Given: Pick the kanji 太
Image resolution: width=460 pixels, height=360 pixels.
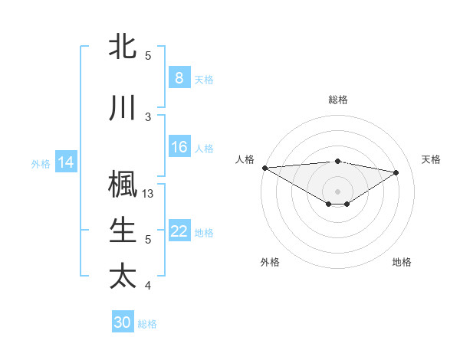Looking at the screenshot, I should (x=123, y=275).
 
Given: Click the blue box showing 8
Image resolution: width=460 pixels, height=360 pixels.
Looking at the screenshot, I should (x=179, y=78).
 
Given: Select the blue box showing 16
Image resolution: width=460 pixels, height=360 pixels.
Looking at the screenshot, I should (x=179, y=148).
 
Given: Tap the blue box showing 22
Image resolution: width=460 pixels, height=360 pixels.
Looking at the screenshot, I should (x=179, y=232).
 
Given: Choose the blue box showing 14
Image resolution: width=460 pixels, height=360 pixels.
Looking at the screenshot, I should (x=66, y=162).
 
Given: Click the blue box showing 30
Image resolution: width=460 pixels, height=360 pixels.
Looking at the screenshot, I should (x=123, y=322).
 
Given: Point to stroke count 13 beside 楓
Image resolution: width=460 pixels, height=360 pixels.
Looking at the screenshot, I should (x=149, y=194).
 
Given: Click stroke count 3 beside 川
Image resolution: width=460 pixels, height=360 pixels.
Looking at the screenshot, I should (x=148, y=116).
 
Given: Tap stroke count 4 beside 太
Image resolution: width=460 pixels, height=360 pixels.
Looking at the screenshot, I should (x=148, y=286).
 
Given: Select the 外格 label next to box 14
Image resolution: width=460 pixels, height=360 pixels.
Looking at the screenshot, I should (x=41, y=163).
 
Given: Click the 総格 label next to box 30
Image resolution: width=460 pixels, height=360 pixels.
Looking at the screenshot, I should (x=147, y=324).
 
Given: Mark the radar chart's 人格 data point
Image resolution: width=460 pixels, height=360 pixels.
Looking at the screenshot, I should (x=264, y=168).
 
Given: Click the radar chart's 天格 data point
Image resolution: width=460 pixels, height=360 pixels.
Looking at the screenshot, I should (x=396, y=172).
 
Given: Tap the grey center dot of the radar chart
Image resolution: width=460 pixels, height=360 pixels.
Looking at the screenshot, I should (x=337, y=190).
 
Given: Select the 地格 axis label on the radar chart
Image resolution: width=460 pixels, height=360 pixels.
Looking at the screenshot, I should (x=402, y=262).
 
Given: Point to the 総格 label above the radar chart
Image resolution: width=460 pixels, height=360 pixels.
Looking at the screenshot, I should (x=337, y=100).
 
